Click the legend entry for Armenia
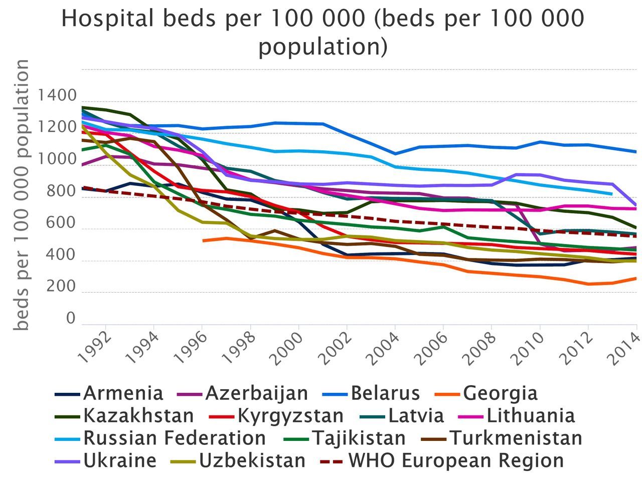point(123,393)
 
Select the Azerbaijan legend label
point(256,393)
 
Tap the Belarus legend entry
point(385,393)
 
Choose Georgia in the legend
point(500,393)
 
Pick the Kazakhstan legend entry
point(138,415)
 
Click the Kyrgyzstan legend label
point(290,415)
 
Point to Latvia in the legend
point(416,415)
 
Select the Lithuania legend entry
point(530,415)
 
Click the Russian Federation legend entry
point(174,438)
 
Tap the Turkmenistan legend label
point(515,438)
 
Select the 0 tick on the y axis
point(71,319)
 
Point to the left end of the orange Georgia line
point(203,241)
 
